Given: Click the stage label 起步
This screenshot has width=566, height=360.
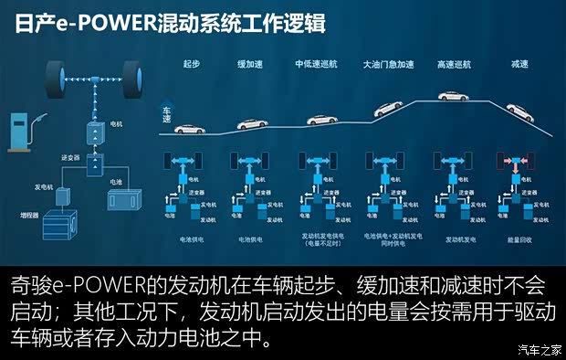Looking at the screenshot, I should click(191, 64).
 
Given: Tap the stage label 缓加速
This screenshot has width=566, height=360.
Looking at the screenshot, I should click(248, 64).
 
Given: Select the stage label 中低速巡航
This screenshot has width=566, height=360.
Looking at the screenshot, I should click(315, 64).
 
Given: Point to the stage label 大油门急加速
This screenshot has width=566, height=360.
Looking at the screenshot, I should click(388, 64).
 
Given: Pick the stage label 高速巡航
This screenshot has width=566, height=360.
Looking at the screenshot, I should click(452, 64).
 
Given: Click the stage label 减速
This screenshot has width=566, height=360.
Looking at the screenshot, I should click(519, 64).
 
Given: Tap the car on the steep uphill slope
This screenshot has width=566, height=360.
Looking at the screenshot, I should click(388, 108).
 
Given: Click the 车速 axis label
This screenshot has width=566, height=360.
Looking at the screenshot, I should click(167, 112).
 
